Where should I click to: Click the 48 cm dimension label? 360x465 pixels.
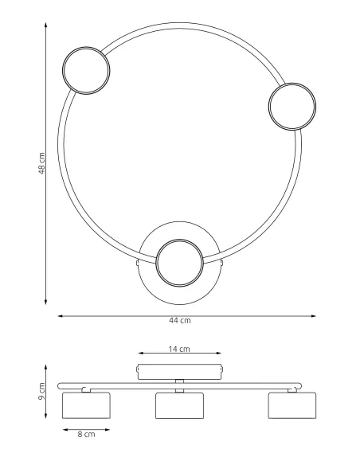click(x=41, y=165)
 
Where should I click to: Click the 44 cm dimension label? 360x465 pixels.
click(x=180, y=321)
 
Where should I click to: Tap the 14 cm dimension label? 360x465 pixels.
click(x=180, y=350)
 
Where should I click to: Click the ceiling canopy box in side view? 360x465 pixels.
click(x=179, y=370)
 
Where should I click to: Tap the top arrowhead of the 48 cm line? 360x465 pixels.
click(x=46, y=24)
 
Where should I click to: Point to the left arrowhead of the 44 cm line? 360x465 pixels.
click(x=60, y=315)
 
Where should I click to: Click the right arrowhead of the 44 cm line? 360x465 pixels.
click(x=314, y=315)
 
